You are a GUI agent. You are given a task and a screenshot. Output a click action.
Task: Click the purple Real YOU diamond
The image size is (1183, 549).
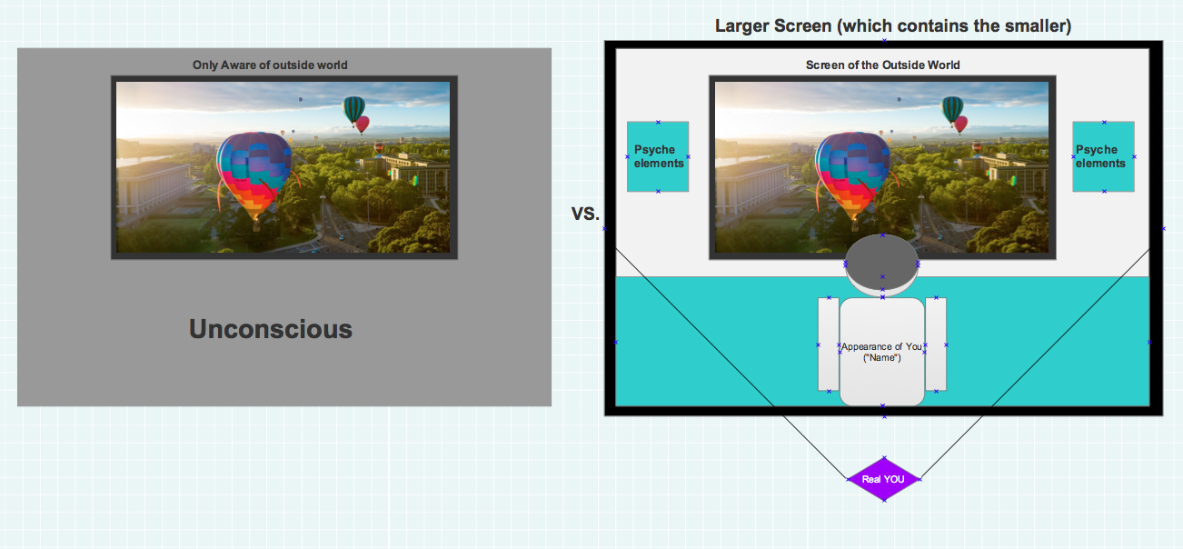(x=883, y=479)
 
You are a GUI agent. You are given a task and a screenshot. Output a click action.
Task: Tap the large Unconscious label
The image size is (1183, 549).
(x=271, y=329)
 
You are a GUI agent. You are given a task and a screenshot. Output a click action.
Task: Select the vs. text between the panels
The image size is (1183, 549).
(x=585, y=213)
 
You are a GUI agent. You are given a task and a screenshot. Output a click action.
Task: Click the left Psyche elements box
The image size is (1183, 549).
(x=658, y=156)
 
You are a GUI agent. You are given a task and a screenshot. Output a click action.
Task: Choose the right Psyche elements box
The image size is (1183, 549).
(x=1103, y=156)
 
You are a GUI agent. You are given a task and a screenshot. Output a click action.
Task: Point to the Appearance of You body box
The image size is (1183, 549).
(x=882, y=352)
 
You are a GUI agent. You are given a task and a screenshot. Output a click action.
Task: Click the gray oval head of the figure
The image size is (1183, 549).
(x=881, y=264)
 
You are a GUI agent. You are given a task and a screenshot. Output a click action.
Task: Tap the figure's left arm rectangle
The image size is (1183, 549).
(x=829, y=344)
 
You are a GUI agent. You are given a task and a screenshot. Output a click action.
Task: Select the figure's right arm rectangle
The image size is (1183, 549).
(x=936, y=344)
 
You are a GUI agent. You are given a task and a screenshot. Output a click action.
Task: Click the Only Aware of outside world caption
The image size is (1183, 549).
(x=270, y=65)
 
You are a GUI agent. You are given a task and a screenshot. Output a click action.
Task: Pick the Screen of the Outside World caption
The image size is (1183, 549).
(x=882, y=65)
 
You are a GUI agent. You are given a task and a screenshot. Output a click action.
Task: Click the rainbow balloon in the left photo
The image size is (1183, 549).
(x=254, y=175)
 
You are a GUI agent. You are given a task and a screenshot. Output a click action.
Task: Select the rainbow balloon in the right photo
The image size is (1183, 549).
(x=852, y=175)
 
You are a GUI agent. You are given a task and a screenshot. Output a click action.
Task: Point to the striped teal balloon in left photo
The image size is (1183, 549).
(x=353, y=109)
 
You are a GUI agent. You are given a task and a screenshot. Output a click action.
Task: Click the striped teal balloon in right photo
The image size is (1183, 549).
(x=951, y=109)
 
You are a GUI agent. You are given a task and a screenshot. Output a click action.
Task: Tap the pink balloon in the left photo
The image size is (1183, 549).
(x=363, y=125)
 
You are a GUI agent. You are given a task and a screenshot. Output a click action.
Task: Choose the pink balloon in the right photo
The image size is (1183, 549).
(x=960, y=125)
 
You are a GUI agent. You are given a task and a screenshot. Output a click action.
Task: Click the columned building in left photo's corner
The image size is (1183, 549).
(x=154, y=187)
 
